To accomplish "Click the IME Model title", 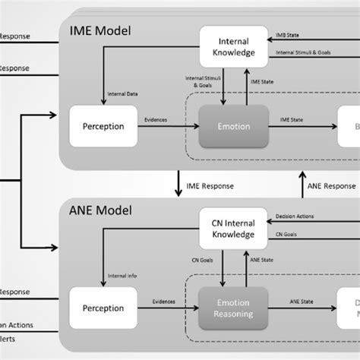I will (x=100, y=31).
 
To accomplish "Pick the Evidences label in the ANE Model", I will (x=157, y=302).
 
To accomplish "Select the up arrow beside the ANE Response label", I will (x=299, y=185).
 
